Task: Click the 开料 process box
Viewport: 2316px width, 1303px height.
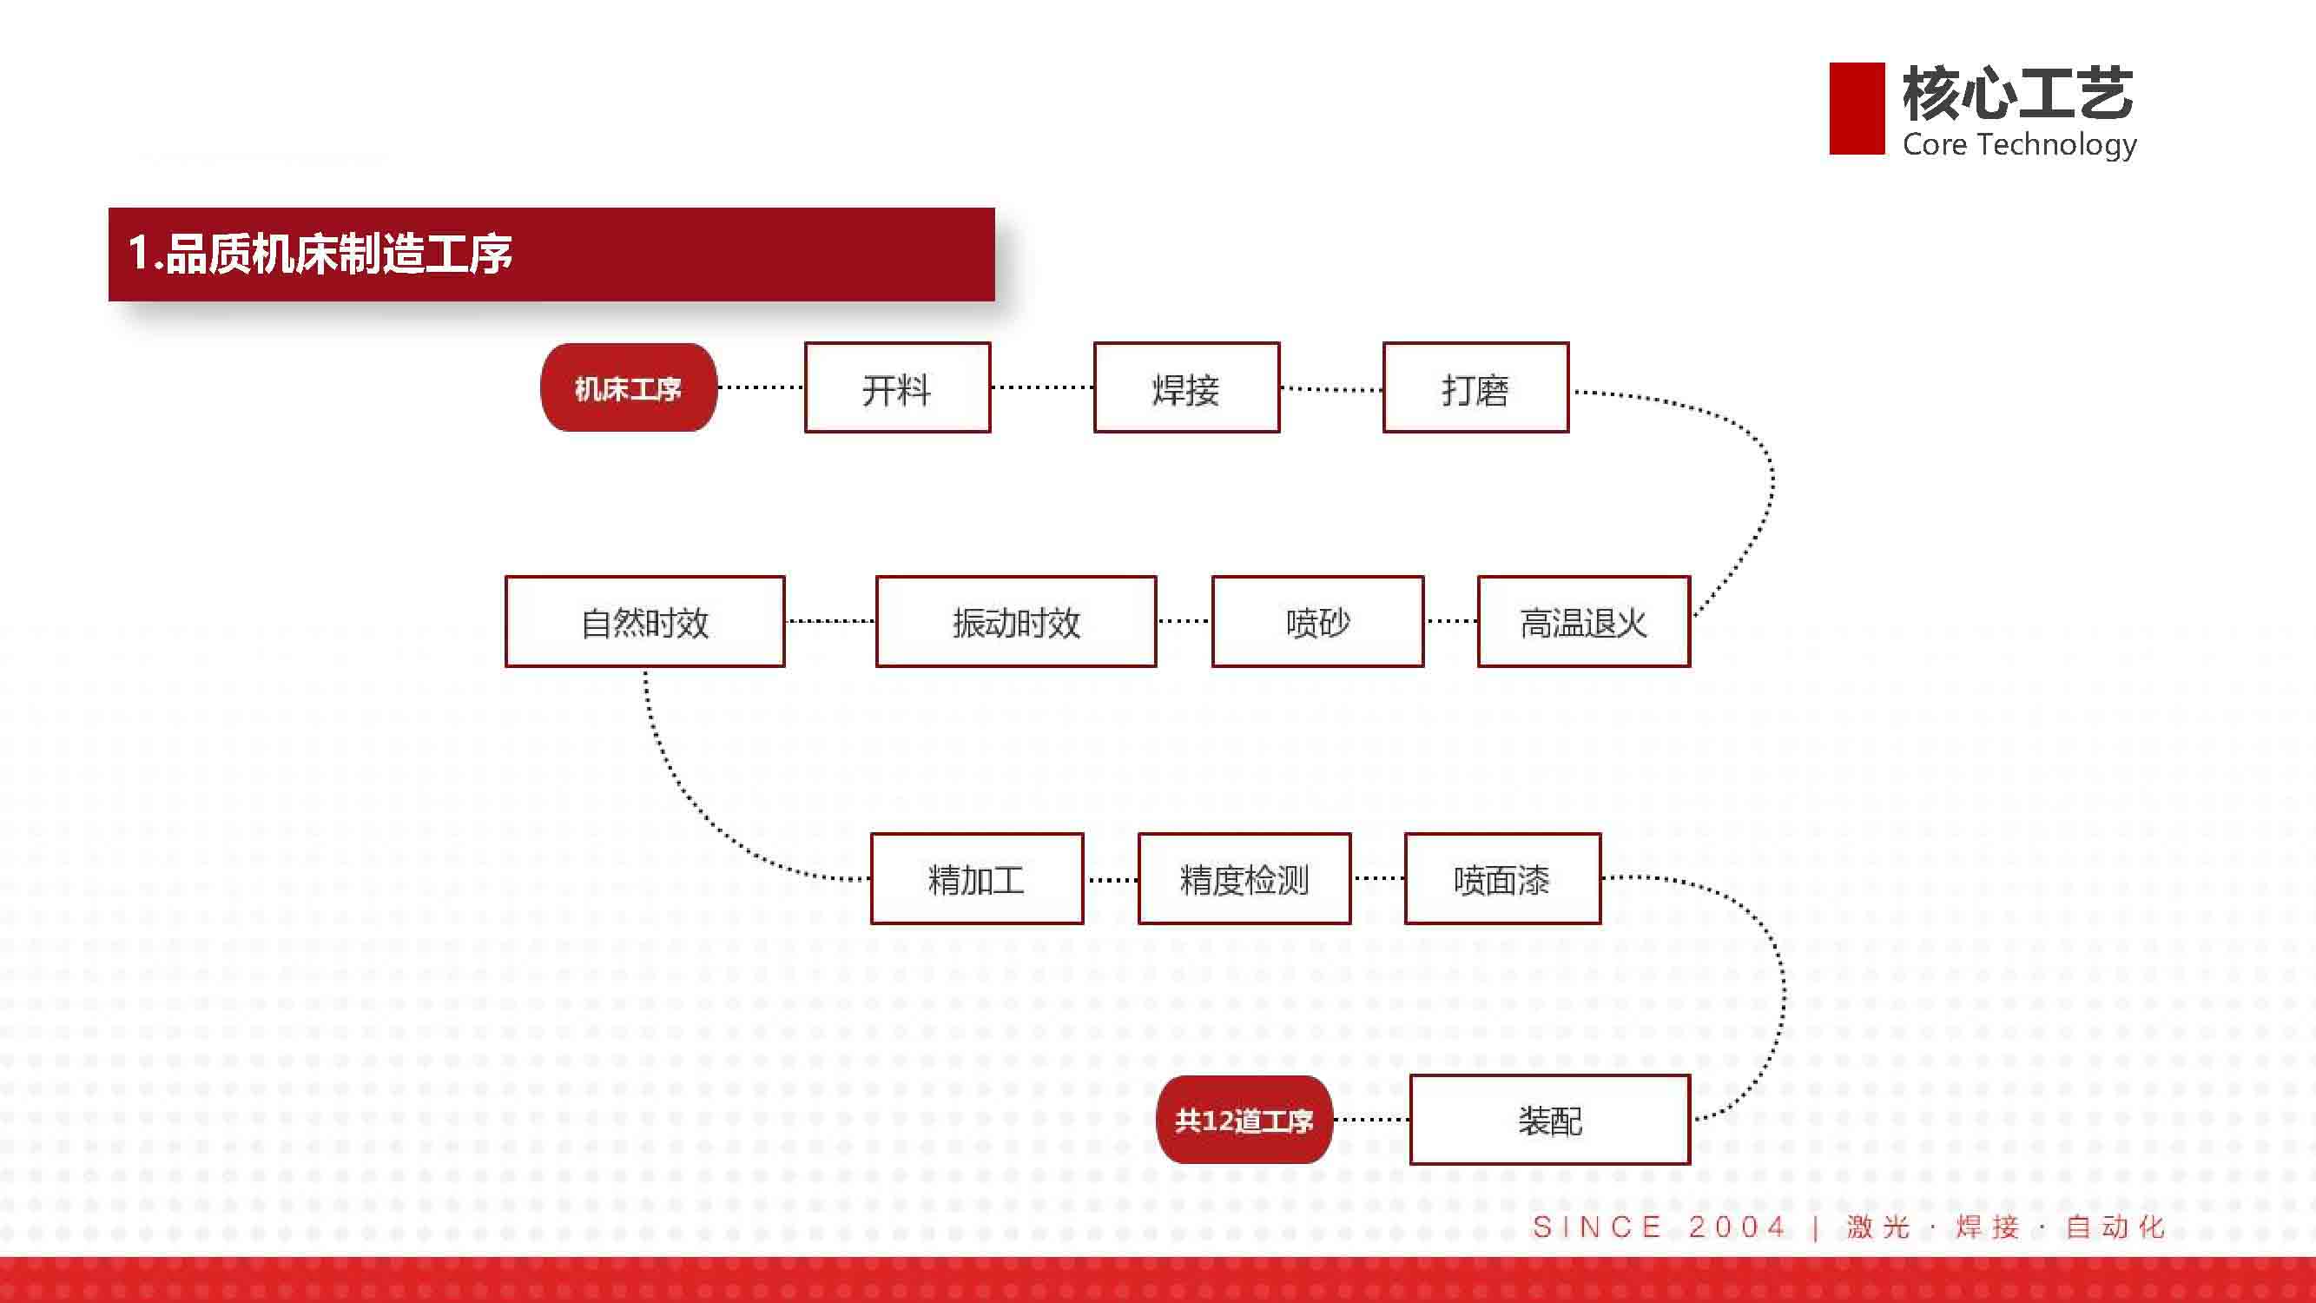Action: (x=897, y=387)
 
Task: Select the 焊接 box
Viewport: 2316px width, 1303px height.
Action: (x=1187, y=387)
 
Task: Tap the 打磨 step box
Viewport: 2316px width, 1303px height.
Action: (x=1476, y=387)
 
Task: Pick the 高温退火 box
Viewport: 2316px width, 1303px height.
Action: (x=1584, y=621)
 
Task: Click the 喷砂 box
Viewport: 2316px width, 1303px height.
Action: (x=1318, y=621)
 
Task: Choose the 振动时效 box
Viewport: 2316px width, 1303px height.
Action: (x=1016, y=621)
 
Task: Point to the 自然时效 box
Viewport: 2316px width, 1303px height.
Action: (x=644, y=621)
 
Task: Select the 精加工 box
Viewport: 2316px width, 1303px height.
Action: (x=977, y=878)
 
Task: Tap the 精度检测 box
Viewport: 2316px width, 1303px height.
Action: (x=1244, y=878)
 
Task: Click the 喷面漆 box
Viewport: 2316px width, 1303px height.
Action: (x=1503, y=878)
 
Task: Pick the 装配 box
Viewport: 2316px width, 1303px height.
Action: (x=1550, y=1120)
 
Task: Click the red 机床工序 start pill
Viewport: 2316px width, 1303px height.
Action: (x=629, y=387)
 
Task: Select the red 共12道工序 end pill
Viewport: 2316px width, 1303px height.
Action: (x=1244, y=1120)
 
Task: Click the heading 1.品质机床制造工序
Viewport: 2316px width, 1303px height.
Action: (x=320, y=254)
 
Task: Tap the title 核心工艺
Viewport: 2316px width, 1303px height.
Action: (x=2017, y=94)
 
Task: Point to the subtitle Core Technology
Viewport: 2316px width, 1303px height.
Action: (x=2019, y=145)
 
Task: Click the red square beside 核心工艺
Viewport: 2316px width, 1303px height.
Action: (x=1857, y=108)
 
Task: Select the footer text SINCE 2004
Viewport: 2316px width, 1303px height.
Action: (x=1659, y=1227)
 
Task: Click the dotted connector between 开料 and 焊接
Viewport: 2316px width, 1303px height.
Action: (x=1043, y=387)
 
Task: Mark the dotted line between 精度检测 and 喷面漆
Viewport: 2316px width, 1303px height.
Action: (x=1378, y=878)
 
